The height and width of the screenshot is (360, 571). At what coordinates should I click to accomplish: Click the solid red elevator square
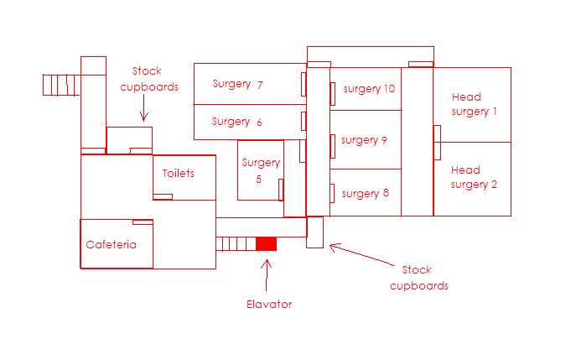(x=266, y=243)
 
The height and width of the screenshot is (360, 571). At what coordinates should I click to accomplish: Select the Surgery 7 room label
(x=238, y=84)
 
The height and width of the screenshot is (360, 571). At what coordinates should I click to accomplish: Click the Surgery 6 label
(x=237, y=122)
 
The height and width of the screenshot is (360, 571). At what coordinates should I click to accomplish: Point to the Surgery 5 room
(x=260, y=170)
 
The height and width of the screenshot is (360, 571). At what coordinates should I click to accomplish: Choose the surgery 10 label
(x=369, y=89)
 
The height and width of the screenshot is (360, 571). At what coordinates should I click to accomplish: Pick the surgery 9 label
(x=364, y=140)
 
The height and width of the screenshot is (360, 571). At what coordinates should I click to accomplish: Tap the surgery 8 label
(x=366, y=193)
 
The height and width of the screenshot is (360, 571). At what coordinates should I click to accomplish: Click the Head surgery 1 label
(x=475, y=104)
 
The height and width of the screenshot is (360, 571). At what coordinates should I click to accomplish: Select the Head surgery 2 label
(x=474, y=178)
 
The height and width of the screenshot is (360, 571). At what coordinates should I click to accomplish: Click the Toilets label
(x=178, y=174)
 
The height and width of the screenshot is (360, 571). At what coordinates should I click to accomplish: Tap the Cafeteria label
(x=112, y=245)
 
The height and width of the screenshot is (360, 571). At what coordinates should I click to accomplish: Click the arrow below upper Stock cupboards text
(x=143, y=110)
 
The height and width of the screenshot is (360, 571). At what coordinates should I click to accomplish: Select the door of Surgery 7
(x=303, y=84)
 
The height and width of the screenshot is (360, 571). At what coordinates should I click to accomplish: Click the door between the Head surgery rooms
(x=437, y=142)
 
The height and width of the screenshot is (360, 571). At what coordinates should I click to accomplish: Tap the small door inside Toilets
(x=164, y=196)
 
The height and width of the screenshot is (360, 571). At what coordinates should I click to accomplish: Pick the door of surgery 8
(x=333, y=192)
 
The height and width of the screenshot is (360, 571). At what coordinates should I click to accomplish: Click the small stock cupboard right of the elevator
(x=314, y=232)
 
